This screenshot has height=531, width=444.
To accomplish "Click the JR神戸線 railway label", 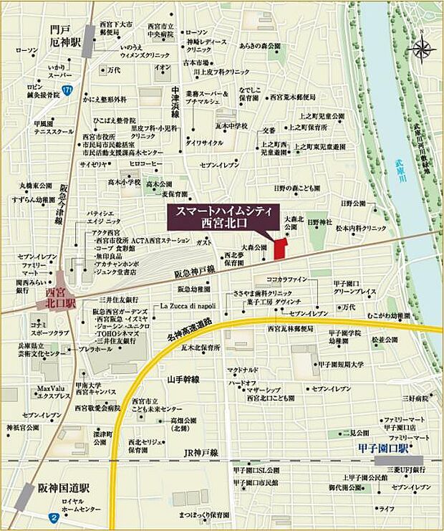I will click(x=201, y=453).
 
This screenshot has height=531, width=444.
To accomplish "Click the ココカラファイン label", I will click(x=286, y=278).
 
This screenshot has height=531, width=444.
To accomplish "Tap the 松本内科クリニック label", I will click(x=361, y=228).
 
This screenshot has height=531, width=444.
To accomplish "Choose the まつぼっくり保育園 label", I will click(x=206, y=515).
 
